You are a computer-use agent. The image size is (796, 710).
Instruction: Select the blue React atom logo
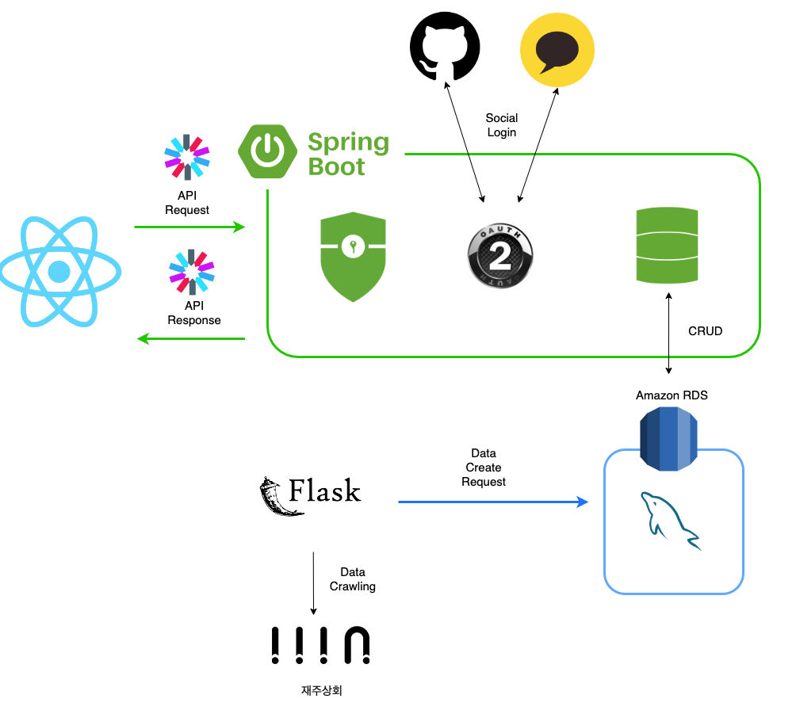coord(60,272)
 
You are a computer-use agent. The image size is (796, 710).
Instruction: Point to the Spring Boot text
coord(348,155)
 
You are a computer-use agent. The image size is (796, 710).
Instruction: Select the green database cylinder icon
coord(668,246)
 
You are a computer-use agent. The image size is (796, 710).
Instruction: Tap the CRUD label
coord(705,331)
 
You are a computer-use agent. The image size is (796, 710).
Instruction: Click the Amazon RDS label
coord(672,395)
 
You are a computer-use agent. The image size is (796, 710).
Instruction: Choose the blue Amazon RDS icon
coord(672,438)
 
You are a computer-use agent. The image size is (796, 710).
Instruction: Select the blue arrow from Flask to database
coord(492,502)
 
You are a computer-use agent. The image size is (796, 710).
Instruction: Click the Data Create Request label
coord(484,468)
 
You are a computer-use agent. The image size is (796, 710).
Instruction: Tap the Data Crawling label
coord(352,579)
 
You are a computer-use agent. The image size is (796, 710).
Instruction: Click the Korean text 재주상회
coord(321,690)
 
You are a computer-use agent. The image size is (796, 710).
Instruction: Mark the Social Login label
coord(501,125)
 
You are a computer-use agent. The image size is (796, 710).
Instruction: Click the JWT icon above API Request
coord(187,156)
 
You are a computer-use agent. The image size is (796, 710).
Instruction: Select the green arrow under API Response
coord(191,339)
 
